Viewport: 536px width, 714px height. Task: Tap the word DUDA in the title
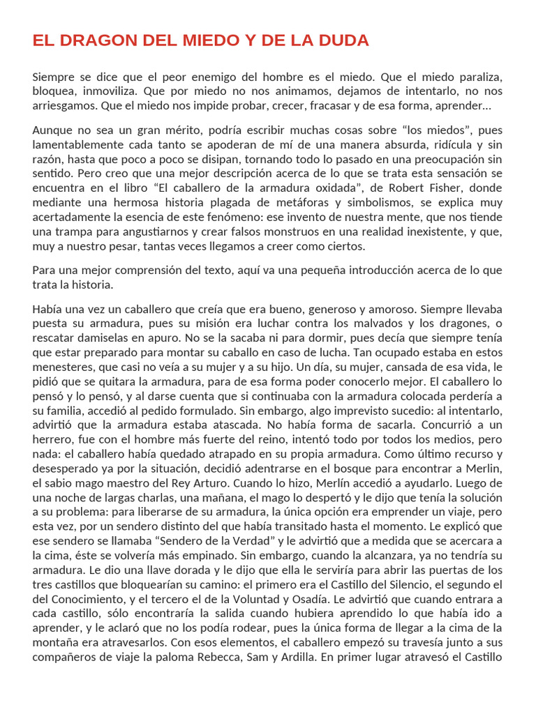(340, 40)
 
